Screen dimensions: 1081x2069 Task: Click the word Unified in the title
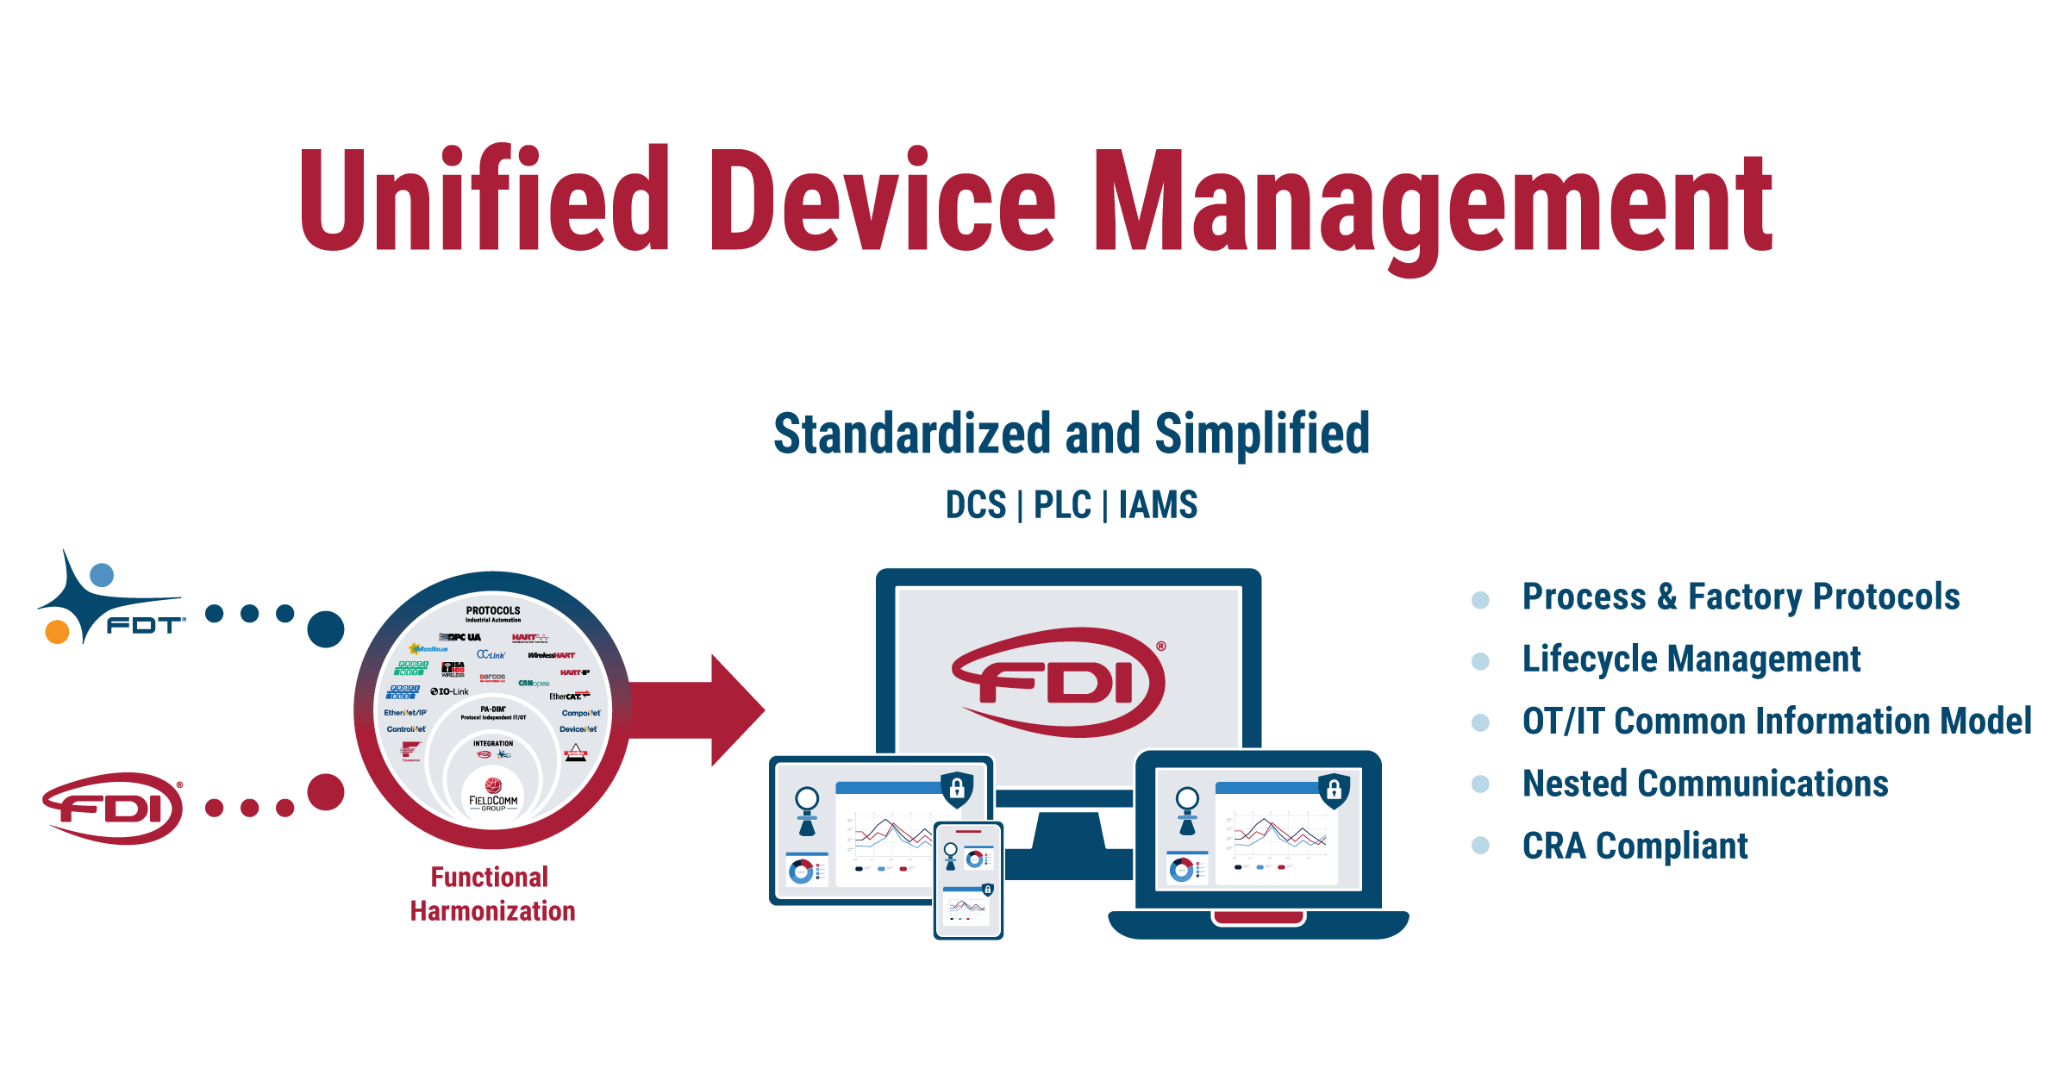coord(484,200)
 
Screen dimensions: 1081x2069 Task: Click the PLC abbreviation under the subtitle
coord(1062,505)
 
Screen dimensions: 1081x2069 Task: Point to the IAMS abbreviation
coord(1158,505)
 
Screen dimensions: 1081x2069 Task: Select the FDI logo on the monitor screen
coord(1060,682)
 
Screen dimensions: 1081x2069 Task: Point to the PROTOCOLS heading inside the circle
coord(493,610)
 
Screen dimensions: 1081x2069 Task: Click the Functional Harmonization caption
coord(491,894)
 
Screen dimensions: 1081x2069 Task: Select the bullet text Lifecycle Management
coord(1691,659)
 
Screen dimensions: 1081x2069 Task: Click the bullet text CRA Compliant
coord(1635,846)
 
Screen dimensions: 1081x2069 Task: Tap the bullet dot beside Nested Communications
coord(1480,784)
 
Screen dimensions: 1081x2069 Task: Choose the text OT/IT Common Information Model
coord(1777,721)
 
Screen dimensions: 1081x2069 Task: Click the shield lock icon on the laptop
coord(1333,790)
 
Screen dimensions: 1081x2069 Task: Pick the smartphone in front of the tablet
coord(968,879)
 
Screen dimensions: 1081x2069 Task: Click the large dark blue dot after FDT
coord(326,629)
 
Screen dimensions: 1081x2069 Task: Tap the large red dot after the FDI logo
coord(326,791)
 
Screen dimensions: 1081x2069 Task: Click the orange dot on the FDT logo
coord(57,632)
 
